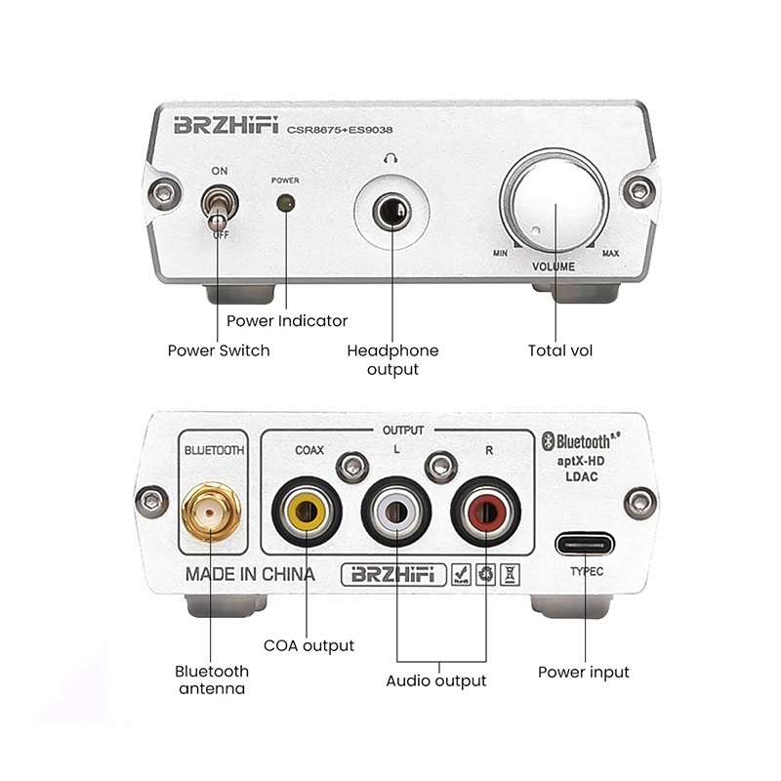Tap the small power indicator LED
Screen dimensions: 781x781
(286, 203)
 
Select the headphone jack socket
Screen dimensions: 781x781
(392, 211)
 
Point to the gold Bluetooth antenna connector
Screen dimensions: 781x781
(210, 511)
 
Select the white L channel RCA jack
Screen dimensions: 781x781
(396, 511)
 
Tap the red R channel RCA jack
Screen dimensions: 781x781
(485, 511)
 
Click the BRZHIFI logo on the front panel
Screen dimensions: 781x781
(227, 126)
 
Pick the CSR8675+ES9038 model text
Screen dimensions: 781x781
(346, 128)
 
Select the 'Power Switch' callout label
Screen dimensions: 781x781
(219, 350)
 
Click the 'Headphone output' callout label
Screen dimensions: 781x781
(392, 359)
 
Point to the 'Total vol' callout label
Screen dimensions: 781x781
(560, 350)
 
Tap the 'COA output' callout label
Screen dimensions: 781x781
(308, 645)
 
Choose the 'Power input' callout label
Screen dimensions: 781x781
(584, 672)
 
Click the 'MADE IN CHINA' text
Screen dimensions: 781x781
(250, 575)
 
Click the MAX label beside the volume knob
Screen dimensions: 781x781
(610, 254)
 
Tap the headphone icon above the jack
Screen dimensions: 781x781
(391, 156)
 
